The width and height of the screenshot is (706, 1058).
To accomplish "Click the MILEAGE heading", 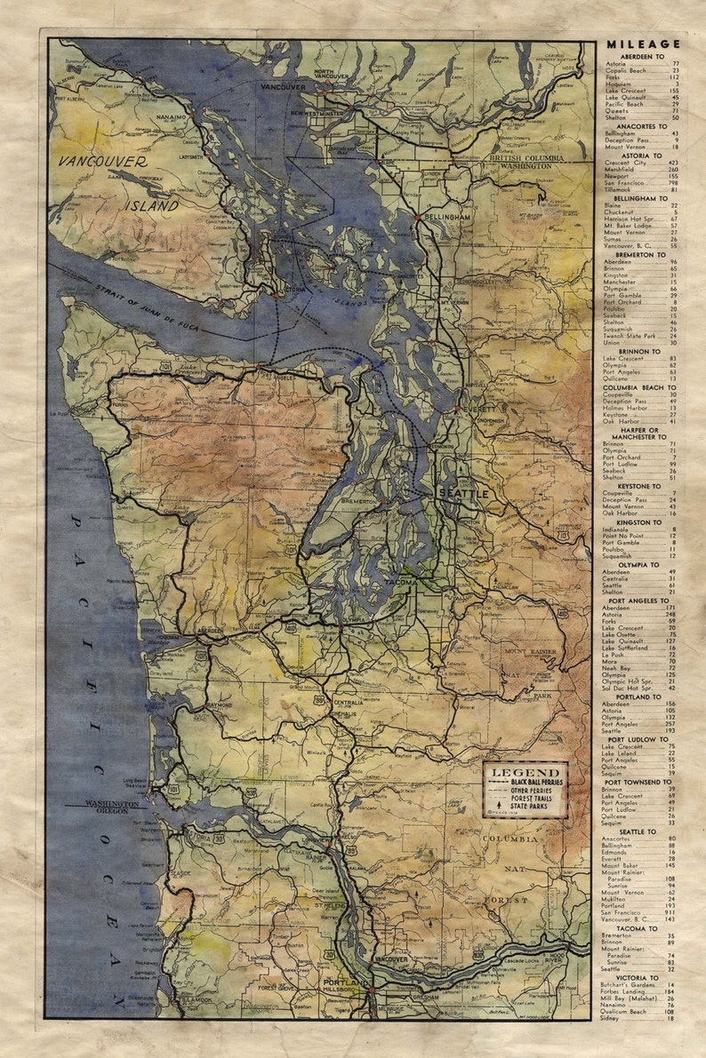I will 643,44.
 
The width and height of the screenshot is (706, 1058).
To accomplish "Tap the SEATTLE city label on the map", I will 462,492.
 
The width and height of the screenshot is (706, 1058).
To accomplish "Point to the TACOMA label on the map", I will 401,582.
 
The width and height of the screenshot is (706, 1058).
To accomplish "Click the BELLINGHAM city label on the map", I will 446,217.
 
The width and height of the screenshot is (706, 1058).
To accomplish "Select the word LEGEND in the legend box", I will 525,773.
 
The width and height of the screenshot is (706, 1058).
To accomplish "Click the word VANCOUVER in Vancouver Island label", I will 104,162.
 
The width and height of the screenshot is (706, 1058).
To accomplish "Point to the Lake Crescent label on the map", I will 189,368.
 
